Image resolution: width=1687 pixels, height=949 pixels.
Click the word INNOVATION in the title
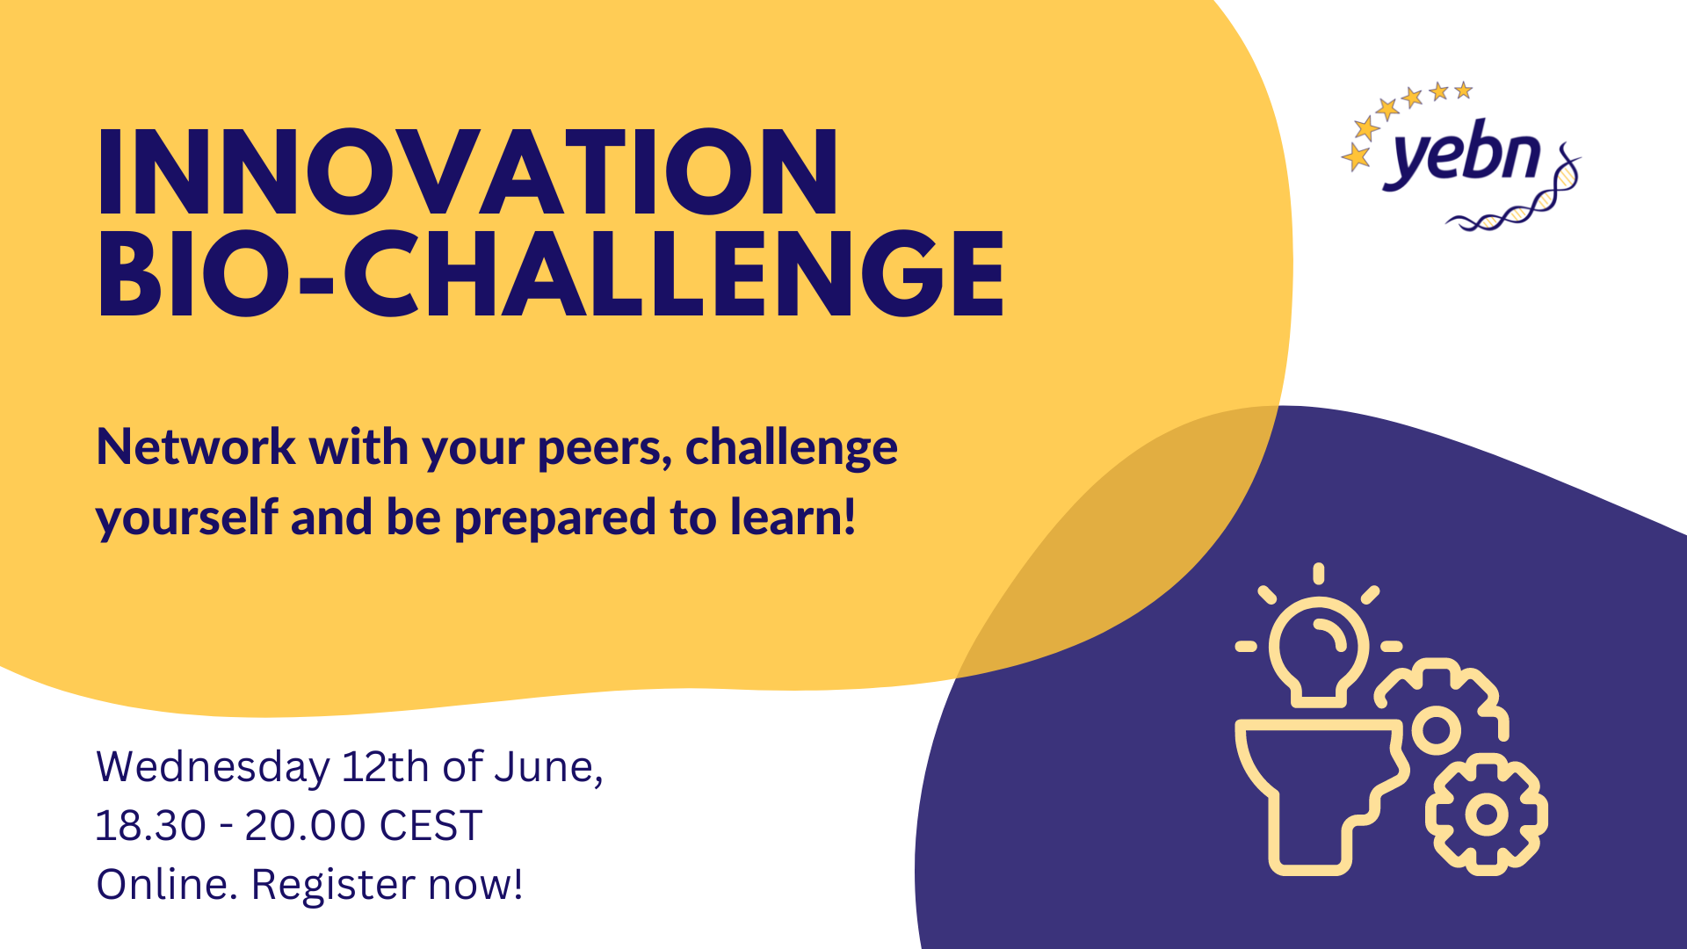pyautogui.click(x=467, y=171)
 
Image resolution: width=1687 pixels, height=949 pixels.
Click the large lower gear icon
pyautogui.click(x=1487, y=815)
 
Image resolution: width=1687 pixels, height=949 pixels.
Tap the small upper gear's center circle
pyautogui.click(x=1436, y=729)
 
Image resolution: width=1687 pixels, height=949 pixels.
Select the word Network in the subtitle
pyautogui.click(x=196, y=447)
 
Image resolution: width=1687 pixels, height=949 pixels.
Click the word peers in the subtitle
pyautogui.click(x=605, y=450)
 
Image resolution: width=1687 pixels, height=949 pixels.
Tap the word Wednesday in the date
pyautogui.click(x=213, y=768)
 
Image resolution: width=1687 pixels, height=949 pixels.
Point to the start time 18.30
pyautogui.click(x=150, y=826)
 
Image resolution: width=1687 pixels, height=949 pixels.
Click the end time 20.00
pyautogui.click(x=305, y=826)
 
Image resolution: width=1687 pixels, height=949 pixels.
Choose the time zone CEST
pyautogui.click(x=431, y=826)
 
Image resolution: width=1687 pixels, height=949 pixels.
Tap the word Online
pyautogui.click(x=167, y=884)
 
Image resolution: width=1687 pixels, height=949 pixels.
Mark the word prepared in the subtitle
pyautogui.click(x=555, y=519)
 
